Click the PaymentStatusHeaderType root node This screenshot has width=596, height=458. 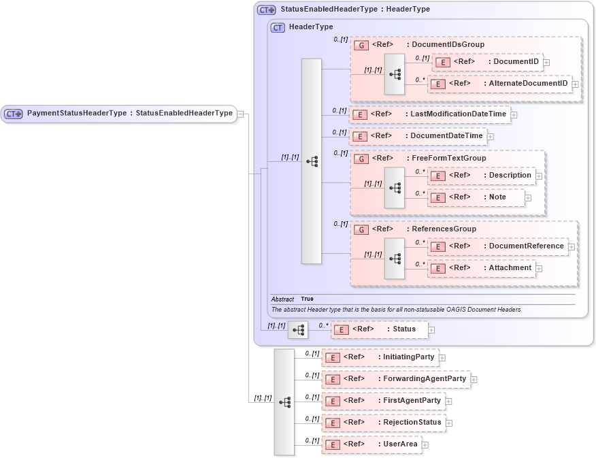click(x=119, y=114)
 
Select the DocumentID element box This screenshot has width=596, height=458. click(x=486, y=62)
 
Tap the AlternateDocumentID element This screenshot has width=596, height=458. click(x=499, y=84)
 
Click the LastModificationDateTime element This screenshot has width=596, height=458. click(x=429, y=114)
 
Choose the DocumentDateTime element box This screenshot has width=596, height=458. click(x=418, y=136)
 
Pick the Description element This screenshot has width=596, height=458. click(x=481, y=176)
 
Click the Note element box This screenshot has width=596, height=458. click(x=476, y=197)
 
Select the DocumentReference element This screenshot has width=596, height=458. click(x=497, y=246)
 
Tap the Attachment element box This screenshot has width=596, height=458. click(x=481, y=268)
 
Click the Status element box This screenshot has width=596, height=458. click(x=379, y=329)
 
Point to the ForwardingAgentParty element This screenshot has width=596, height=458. click(x=395, y=379)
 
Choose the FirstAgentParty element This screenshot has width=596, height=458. click(x=383, y=401)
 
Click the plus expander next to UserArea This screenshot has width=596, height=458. click(x=425, y=445)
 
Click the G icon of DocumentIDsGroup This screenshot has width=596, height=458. click(x=362, y=45)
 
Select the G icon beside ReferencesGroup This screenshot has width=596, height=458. click(x=362, y=229)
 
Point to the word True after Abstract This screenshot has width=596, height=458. click(x=307, y=299)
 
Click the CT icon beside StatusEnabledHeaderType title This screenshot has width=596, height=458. click(x=266, y=10)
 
